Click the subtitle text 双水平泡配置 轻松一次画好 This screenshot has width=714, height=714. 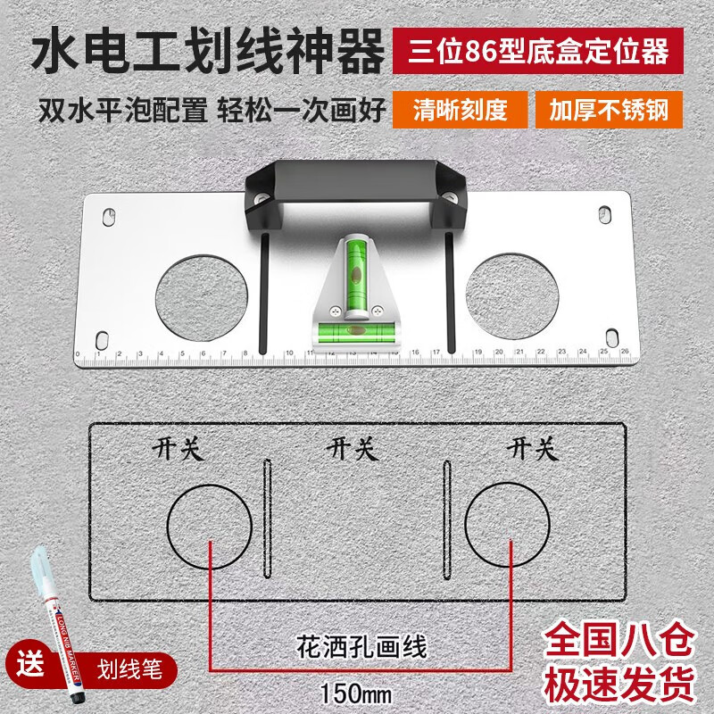[x=212, y=110]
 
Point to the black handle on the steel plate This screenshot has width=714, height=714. [x=355, y=183]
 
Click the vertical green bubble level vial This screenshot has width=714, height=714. [x=353, y=269]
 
